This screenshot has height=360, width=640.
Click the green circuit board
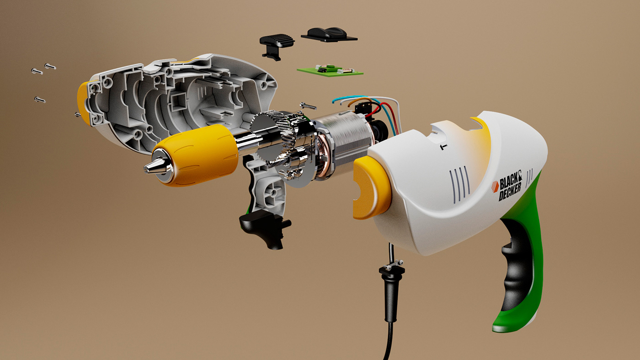tap(330, 71)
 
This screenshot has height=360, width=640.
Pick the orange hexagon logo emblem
tap(495, 186)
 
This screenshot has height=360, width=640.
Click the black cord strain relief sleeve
tap(391, 292)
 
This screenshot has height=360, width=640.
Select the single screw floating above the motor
tap(308, 106)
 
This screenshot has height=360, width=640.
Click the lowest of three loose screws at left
tap(40, 99)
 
